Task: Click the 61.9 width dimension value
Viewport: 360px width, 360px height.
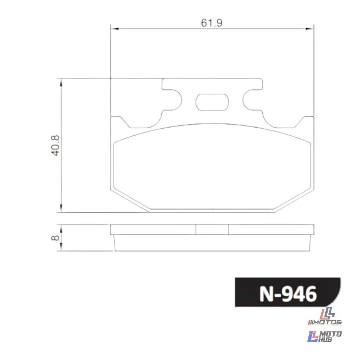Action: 212,23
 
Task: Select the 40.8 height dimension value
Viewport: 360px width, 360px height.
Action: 55,146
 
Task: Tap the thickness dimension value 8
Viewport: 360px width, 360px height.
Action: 55,238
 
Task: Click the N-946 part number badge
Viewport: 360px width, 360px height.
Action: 288,292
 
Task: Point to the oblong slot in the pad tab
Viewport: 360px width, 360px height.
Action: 212,102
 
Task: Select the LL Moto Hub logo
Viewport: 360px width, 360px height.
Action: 324,336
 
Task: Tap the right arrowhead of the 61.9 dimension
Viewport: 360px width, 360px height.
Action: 310,29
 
